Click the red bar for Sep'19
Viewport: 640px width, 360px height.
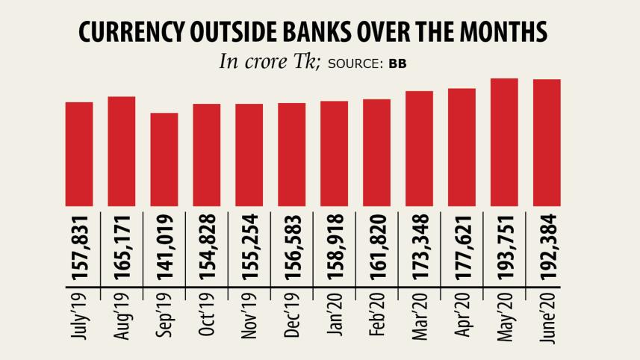click(x=164, y=159)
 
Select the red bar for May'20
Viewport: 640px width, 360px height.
click(x=504, y=142)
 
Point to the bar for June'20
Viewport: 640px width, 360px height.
click(x=547, y=142)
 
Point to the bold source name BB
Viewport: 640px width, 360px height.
click(x=397, y=63)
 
